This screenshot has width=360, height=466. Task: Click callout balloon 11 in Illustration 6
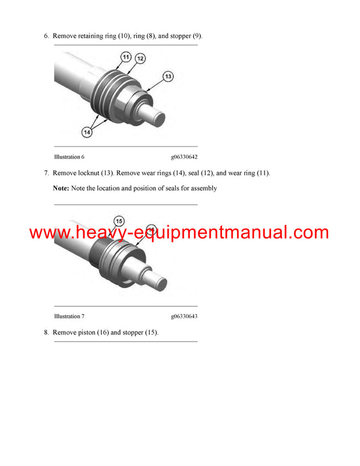tap(126, 56)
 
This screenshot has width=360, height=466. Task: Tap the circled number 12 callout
tap(140, 59)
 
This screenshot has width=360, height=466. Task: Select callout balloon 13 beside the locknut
tap(169, 76)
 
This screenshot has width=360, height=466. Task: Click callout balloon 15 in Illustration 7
tap(119, 220)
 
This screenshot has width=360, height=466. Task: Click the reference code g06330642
tap(184, 157)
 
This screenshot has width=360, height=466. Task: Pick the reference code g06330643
tap(184, 316)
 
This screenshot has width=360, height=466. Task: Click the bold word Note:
tap(61, 189)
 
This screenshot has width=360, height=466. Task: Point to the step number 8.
tap(46, 333)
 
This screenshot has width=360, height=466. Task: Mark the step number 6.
tap(46, 36)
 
